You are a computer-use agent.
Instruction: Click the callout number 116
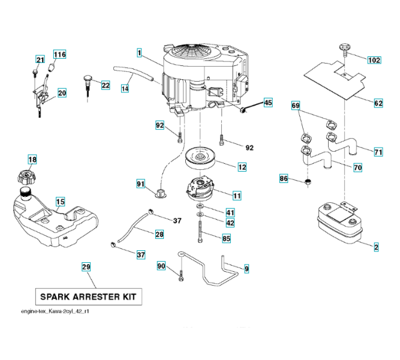tap(59, 55)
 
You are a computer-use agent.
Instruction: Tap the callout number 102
tap(374, 60)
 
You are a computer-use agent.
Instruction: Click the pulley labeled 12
tap(200, 158)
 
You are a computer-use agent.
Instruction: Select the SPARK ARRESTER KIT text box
tap(88, 296)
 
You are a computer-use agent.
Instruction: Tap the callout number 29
tap(86, 267)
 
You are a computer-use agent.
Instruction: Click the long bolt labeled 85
tap(200, 232)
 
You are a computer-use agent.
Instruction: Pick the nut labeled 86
tap(308, 182)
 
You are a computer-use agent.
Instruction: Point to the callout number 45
tap(268, 103)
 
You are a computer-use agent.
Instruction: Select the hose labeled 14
tap(134, 74)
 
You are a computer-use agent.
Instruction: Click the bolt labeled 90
tap(181, 276)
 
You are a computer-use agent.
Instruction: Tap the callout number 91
tap(140, 184)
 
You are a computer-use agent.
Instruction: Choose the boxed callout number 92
tap(160, 125)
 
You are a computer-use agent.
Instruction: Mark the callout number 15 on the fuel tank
tap(60, 202)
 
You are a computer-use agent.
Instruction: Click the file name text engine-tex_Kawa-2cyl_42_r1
tap(55, 311)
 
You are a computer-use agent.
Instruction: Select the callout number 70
tap(357, 167)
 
